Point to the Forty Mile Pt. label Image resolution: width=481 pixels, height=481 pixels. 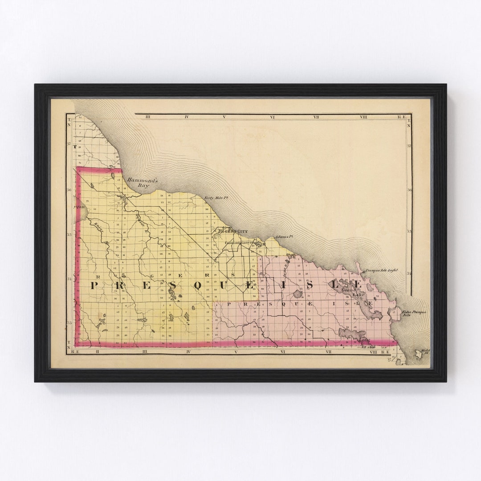point(213,198)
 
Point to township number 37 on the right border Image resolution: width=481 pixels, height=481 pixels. point(409,146)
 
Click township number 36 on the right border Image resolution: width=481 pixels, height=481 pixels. point(409,190)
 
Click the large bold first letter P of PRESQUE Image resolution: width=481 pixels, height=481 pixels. point(94,285)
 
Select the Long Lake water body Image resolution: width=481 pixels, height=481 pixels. point(352,333)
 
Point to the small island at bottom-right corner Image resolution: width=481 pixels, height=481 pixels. point(419,355)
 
